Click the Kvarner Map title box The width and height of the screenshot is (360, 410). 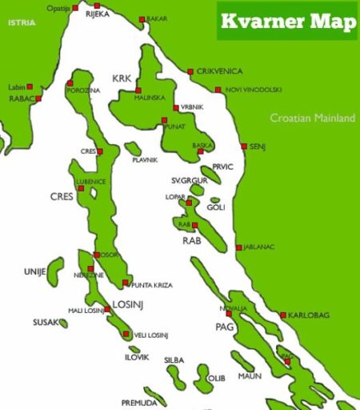click(x=286, y=21)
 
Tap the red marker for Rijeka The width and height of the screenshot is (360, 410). click(x=97, y=6)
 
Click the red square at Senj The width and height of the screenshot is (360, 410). click(x=244, y=147)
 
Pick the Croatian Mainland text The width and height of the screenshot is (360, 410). click(x=312, y=118)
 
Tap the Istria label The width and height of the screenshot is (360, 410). click(x=22, y=23)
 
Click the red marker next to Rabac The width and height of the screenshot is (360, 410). click(x=38, y=98)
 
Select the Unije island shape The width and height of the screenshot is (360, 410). click(x=54, y=268)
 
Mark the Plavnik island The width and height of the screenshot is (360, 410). click(x=133, y=149)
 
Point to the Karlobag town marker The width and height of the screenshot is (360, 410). click(x=283, y=315)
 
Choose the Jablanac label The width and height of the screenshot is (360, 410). click(x=259, y=247)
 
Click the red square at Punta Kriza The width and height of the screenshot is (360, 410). click(x=125, y=283)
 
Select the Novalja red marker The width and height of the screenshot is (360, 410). click(x=229, y=313)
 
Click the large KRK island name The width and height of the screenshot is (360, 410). click(x=122, y=78)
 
